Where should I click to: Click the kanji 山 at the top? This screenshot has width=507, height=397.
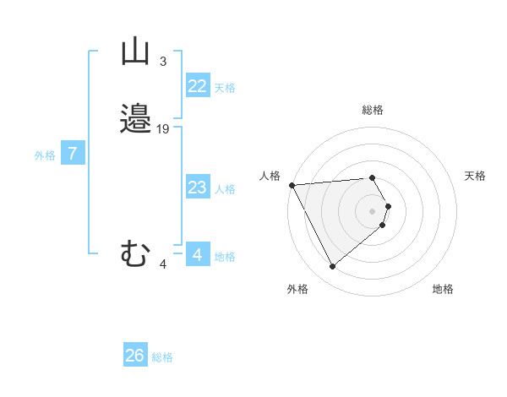click(135, 52)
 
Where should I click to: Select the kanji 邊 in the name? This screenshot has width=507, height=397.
click(135, 119)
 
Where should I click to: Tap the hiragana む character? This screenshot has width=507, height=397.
click(135, 253)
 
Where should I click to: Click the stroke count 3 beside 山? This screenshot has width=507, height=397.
click(162, 62)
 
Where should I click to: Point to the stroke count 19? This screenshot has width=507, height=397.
click(163, 129)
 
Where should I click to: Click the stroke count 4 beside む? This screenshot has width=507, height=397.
click(163, 264)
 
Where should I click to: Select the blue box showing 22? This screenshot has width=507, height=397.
click(197, 86)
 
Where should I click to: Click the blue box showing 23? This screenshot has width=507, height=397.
click(197, 188)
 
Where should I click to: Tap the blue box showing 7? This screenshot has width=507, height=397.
click(73, 154)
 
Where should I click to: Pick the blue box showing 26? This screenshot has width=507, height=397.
click(134, 356)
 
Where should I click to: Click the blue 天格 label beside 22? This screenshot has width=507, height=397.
click(225, 88)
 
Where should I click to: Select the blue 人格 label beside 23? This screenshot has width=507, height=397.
click(225, 189)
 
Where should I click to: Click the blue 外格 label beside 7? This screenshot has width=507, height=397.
click(45, 155)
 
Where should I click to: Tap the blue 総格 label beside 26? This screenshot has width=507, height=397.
click(162, 357)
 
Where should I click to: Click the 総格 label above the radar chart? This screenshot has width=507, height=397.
click(373, 110)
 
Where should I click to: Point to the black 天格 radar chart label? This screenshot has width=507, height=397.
click(475, 176)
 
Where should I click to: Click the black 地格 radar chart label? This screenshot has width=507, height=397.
click(443, 289)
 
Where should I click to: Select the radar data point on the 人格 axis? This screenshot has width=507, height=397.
click(291, 184)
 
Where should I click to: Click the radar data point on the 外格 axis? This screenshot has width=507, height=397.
click(332, 267)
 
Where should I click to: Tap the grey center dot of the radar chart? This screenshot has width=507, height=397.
click(373, 210)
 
